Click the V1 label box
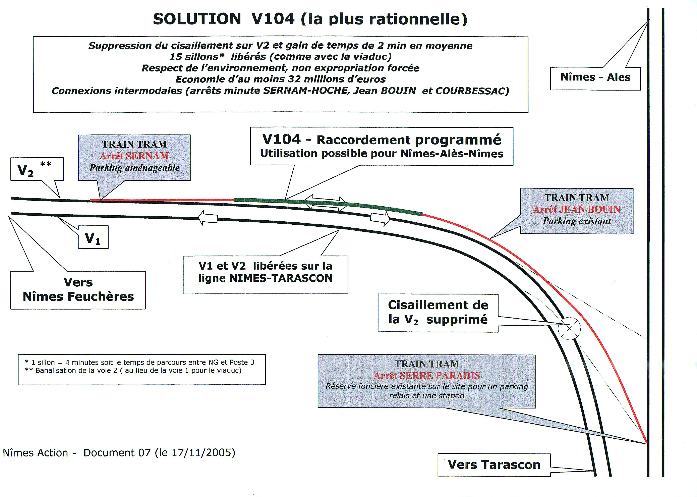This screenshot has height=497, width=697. click(x=93, y=237)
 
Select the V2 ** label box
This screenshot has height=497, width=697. click(x=37, y=169)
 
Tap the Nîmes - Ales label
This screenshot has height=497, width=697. click(x=595, y=77)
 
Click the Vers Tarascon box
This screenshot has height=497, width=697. click(x=494, y=464)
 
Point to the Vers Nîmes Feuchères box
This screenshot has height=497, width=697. click(x=78, y=289)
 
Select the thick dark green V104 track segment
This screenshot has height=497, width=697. click(x=327, y=204)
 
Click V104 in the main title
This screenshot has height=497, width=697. click(x=273, y=19)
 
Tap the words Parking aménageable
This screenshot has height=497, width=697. click(x=134, y=168)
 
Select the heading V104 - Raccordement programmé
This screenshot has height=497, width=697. click(x=382, y=140)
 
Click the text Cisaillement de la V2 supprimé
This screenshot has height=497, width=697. click(x=438, y=312)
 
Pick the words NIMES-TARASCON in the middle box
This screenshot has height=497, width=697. click(x=281, y=278)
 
